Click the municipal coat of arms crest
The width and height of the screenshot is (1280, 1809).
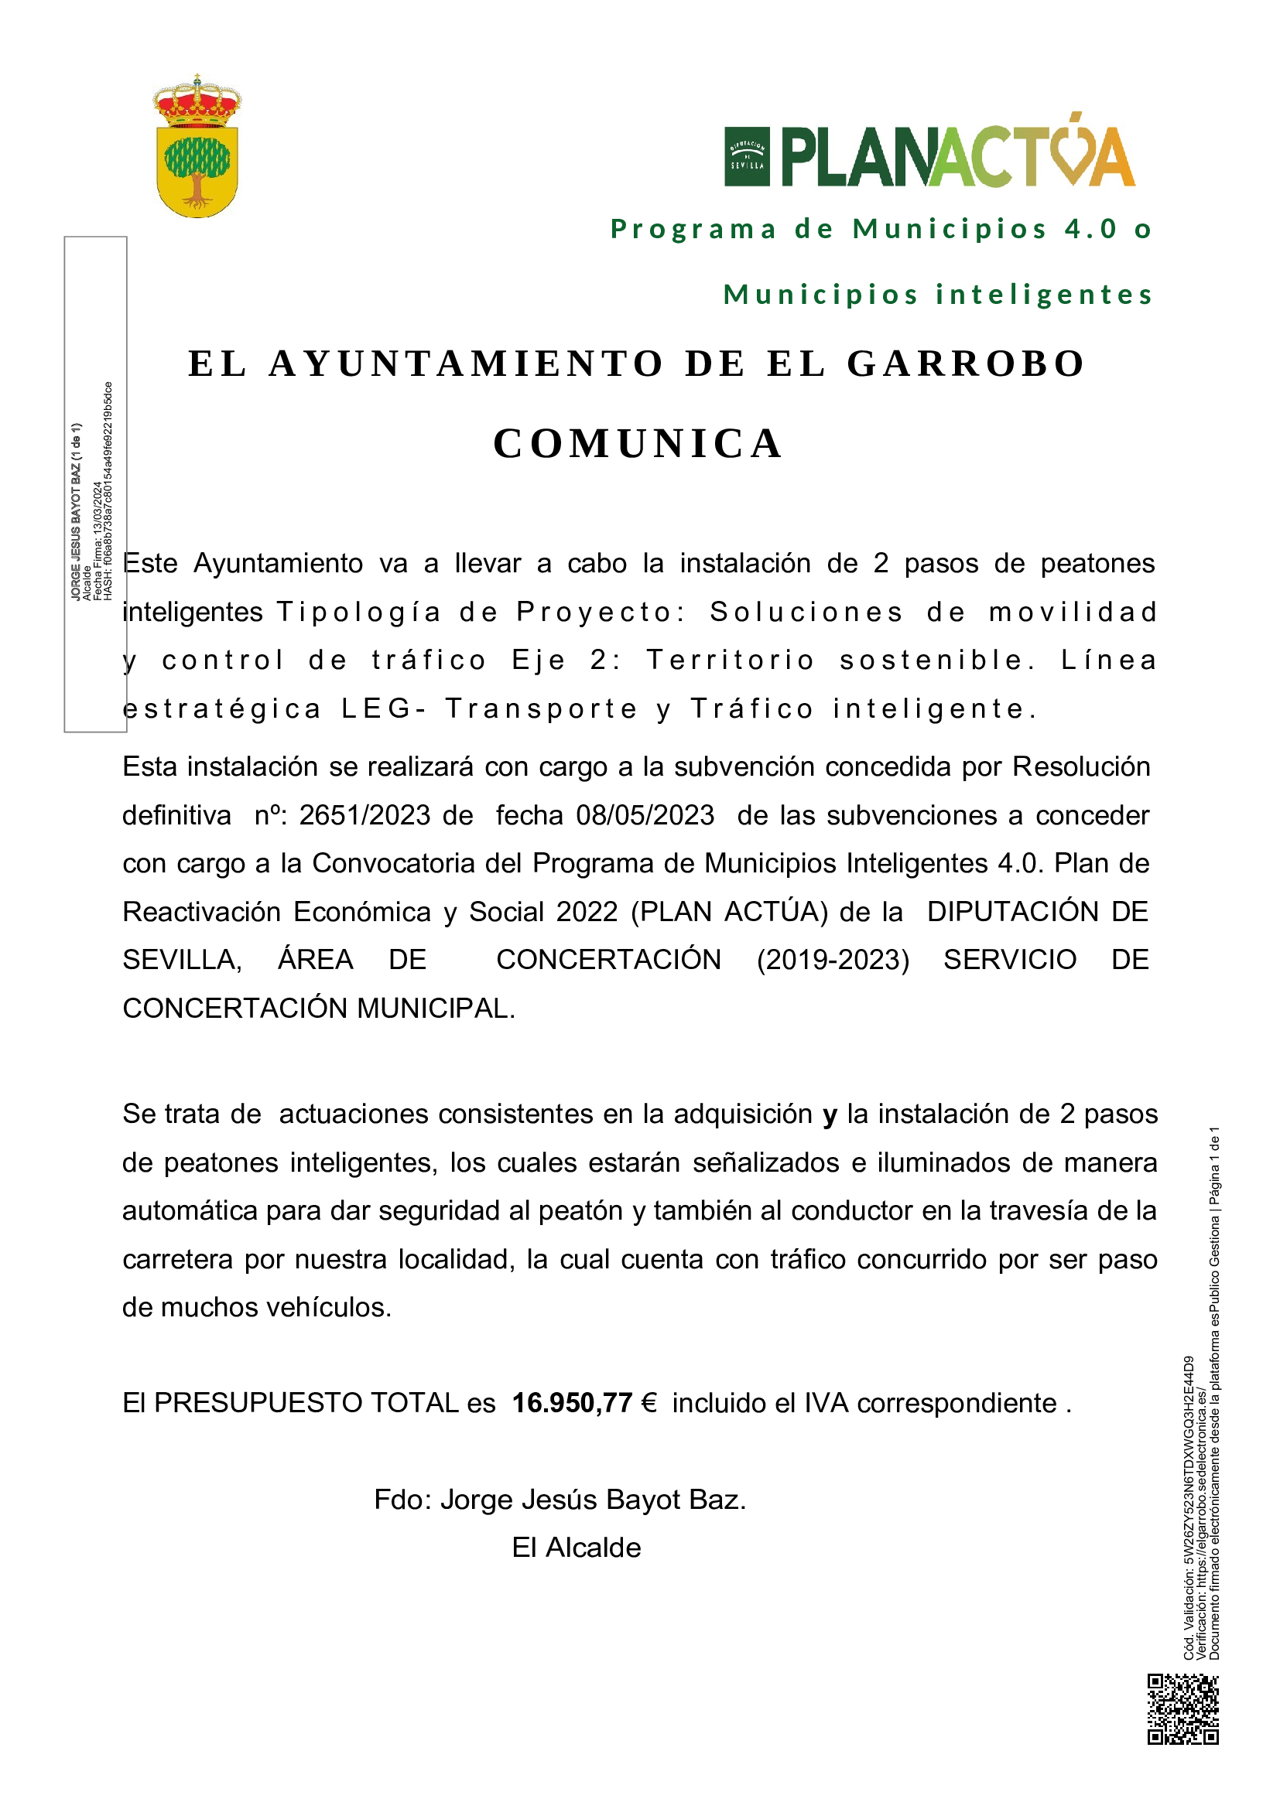pyautogui.click(x=197, y=148)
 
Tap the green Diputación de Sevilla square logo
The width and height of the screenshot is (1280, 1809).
pyautogui.click(x=746, y=156)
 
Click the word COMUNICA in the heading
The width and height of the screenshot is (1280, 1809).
pyautogui.click(x=638, y=444)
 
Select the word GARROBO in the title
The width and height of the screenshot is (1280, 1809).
pyautogui.click(x=967, y=364)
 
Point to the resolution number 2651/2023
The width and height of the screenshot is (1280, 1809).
pyautogui.click(x=364, y=814)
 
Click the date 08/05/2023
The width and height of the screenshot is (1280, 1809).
pyautogui.click(x=645, y=814)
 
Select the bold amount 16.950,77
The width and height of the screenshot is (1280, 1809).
pyautogui.click(x=572, y=1403)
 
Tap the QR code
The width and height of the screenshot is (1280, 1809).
pyautogui.click(x=1182, y=1710)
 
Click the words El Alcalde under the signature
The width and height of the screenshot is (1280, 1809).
pyautogui.click(x=577, y=1548)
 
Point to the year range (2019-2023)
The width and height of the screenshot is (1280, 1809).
pyautogui.click(x=833, y=960)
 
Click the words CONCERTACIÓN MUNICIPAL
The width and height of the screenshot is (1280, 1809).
pyautogui.click(x=318, y=1009)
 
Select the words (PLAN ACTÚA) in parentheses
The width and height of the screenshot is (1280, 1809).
pyautogui.click(x=729, y=912)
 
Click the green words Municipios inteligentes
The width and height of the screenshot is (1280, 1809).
pyautogui.click(x=938, y=295)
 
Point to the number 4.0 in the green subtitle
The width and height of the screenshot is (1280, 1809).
pyautogui.click(x=1091, y=229)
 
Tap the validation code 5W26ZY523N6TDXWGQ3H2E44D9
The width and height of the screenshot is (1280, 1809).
pyautogui.click(x=1189, y=1458)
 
